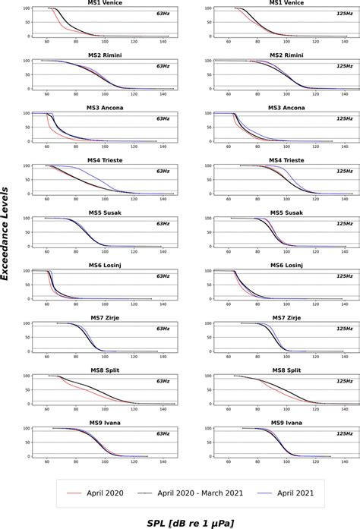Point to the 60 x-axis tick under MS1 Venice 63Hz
click(x=47, y=43)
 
